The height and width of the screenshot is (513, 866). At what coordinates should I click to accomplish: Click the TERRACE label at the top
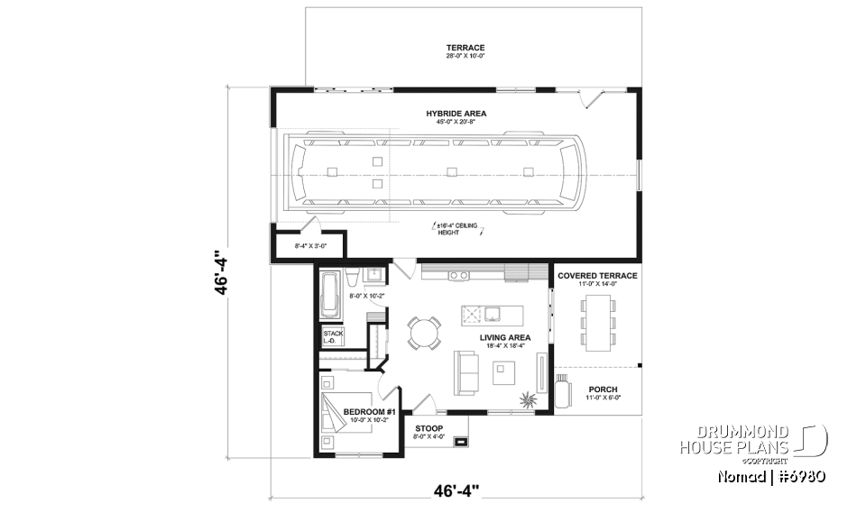pos(465,48)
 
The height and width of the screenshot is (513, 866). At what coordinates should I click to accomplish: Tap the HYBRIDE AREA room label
pos(456,114)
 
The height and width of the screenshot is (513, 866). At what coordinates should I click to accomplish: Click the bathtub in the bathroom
pos(329,294)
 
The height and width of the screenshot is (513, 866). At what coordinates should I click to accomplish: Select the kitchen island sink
pos(493,315)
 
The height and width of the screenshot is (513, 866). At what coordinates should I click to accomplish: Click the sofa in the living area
pos(466,372)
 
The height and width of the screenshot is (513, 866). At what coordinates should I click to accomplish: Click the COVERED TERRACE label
pos(597,276)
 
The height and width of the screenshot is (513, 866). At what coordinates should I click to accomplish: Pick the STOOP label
pos(430,429)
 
